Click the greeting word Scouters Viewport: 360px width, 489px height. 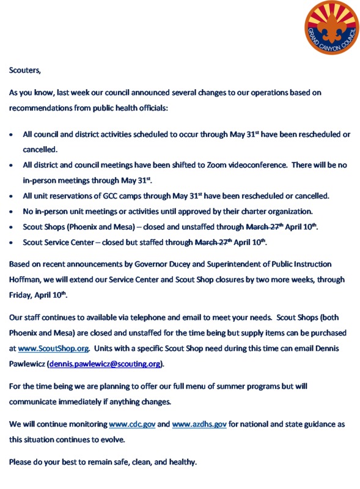coord(24,70)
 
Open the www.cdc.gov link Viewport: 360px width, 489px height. coord(131,424)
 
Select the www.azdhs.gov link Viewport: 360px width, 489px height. coord(199,424)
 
